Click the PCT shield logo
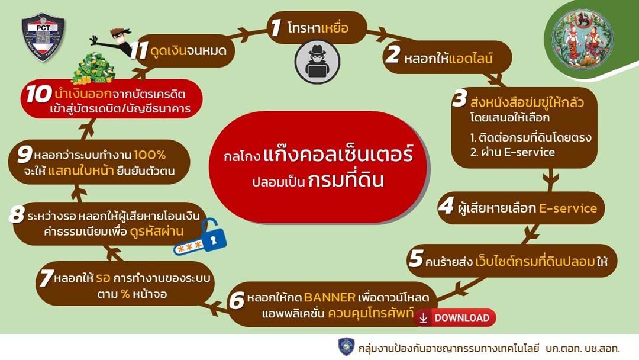coord(43,37)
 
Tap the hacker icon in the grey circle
coord(318,61)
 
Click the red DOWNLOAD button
coord(456,317)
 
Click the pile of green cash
coord(93,69)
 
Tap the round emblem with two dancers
coord(582,38)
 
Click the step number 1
coord(276,27)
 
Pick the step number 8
coord(17,214)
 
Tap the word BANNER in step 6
coord(330,297)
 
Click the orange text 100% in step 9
coord(150,155)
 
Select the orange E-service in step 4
coord(567,208)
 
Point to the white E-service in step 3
coord(530,152)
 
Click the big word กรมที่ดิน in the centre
coord(346,180)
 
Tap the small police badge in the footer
coord(346,347)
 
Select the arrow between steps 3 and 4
coord(551,179)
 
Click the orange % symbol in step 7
coord(125,294)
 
